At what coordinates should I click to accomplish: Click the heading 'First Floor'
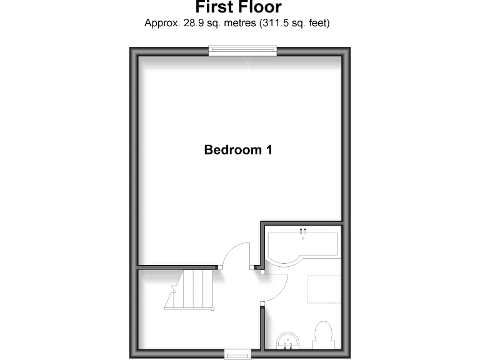[238, 7]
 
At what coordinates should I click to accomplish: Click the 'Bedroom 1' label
[238, 150]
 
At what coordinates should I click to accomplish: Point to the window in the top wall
[242, 51]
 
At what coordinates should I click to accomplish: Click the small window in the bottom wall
[237, 354]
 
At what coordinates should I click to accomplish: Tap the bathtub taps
[303, 230]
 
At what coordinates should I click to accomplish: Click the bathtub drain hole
[303, 237]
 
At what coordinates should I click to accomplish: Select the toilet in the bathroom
[323, 335]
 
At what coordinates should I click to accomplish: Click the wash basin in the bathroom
[287, 341]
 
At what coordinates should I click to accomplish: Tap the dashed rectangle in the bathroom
[324, 289]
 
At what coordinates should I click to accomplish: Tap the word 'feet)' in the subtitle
[317, 24]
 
